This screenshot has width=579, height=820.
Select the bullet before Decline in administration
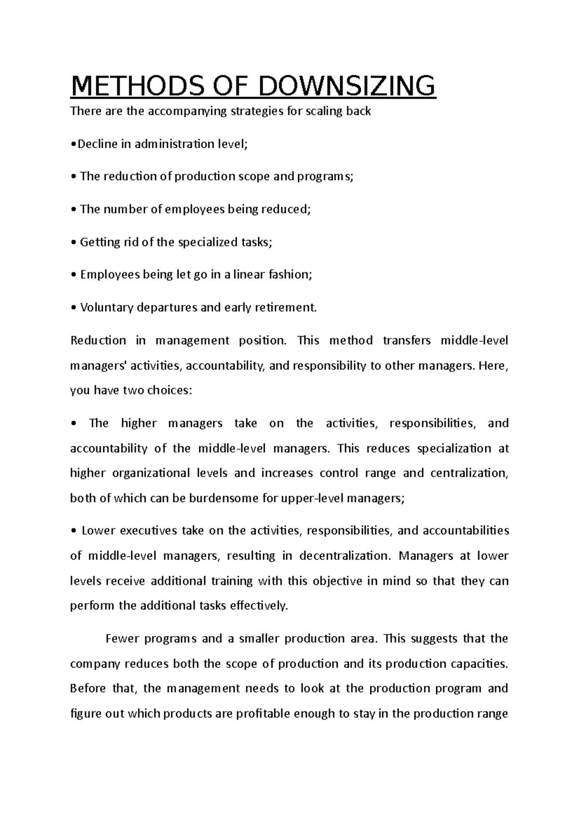tap(72, 144)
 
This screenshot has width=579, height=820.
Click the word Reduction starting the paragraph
tap(98, 340)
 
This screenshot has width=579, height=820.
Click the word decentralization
tap(344, 556)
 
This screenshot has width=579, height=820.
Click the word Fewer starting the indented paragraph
tap(121, 639)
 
